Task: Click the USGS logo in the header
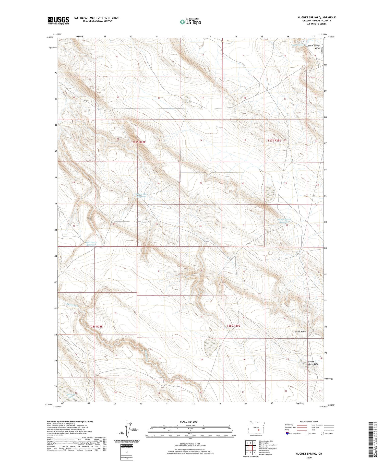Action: pos(58,20)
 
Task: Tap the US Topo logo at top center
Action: pos(190,22)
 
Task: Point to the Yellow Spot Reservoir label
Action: pos(141,195)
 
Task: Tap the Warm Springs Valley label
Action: pos(314,47)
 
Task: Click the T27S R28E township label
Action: pos(139,142)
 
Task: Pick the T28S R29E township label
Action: pos(233,326)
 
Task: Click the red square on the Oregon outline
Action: pos(259,430)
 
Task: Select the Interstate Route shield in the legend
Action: pos(287,433)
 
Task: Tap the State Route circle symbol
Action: pos(322,433)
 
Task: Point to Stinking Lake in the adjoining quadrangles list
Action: pos(264,443)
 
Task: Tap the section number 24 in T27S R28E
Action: pos(201,140)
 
